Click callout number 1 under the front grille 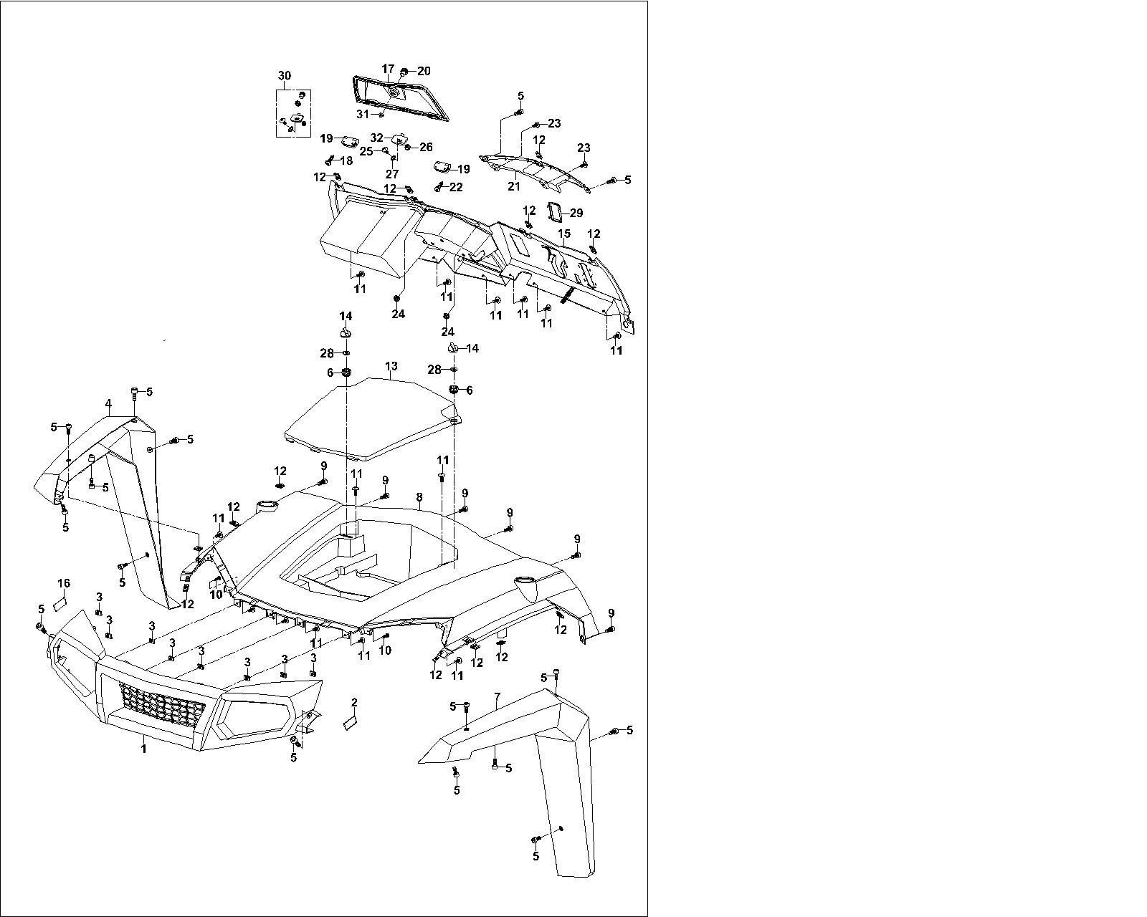click(x=144, y=749)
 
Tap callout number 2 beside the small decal click(x=354, y=702)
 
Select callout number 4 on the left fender click(x=108, y=404)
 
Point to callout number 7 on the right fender click(x=496, y=696)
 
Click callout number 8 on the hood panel click(x=419, y=497)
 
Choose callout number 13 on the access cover click(x=391, y=366)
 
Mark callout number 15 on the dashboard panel click(x=564, y=234)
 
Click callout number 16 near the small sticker click(x=64, y=582)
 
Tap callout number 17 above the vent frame click(x=388, y=69)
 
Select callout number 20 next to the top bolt click(x=424, y=70)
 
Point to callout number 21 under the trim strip click(x=513, y=186)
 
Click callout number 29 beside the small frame click(x=576, y=213)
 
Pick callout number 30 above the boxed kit click(x=285, y=76)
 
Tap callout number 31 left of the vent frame click(x=363, y=114)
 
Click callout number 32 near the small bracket click(x=377, y=137)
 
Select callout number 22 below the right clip click(x=456, y=188)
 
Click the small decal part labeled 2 click(x=350, y=723)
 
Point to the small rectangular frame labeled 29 click(x=555, y=212)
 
